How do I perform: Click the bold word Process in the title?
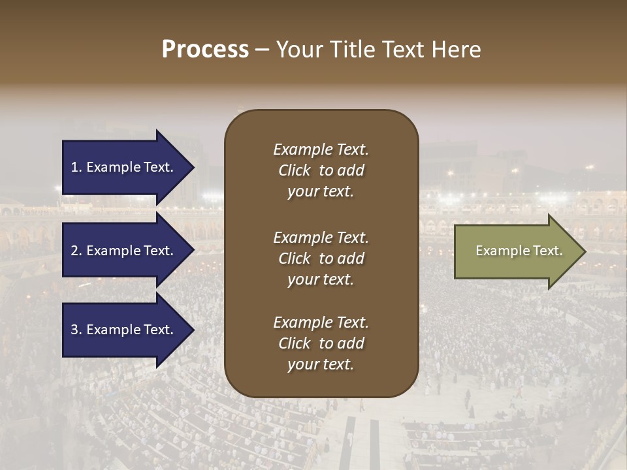click(x=205, y=50)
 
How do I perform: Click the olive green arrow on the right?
click(x=516, y=251)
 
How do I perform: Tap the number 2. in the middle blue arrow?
click(x=76, y=251)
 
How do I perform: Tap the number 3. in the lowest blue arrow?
click(x=76, y=330)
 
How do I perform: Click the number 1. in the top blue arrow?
click(x=76, y=167)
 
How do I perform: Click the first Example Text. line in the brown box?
click(x=321, y=149)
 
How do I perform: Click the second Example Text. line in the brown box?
click(x=321, y=238)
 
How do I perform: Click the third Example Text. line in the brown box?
click(x=321, y=322)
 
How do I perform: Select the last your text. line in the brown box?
click(x=321, y=364)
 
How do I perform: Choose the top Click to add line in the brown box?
click(x=321, y=170)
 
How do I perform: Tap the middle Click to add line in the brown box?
click(x=321, y=258)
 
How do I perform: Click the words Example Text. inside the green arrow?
click(x=519, y=251)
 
